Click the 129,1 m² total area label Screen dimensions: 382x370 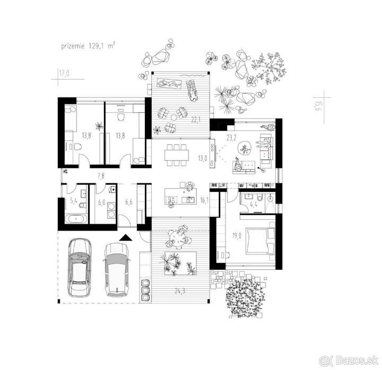pos(102,46)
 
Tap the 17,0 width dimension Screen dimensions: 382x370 pos(64,73)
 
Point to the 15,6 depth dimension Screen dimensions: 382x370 pos(317,107)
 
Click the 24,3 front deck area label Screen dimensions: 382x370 pos(180,290)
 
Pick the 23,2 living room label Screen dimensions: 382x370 pos(231,138)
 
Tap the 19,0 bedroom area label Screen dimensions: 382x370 pos(237,235)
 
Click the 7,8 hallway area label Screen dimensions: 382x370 pos(101,176)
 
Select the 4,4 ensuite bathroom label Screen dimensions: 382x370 pos(254,205)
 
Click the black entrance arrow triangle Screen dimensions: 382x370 pos(126,237)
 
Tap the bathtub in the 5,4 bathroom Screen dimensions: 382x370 pos(76,219)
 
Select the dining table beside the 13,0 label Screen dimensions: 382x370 pos(177,155)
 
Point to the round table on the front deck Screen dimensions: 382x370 pos(177,236)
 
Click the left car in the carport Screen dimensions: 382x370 pos(79,268)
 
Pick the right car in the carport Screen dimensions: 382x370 pos(117,270)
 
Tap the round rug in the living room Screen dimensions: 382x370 pos(245,148)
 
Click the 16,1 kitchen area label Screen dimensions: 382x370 pos(204,200)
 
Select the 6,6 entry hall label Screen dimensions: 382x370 pos(129,201)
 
